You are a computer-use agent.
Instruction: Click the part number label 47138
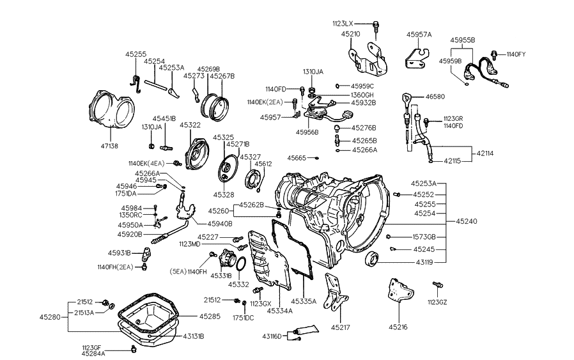(x=109, y=146)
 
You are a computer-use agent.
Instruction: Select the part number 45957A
(x=419, y=35)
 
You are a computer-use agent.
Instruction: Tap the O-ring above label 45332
(x=239, y=263)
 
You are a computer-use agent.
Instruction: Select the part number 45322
(x=190, y=125)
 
